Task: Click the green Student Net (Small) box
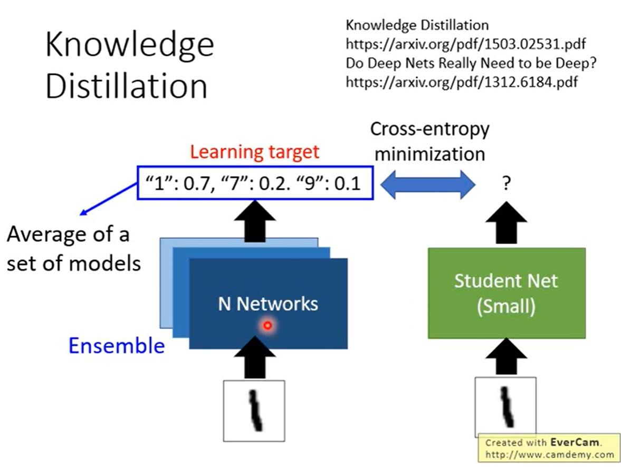pyautogui.click(x=506, y=293)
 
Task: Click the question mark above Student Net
pyautogui.click(x=505, y=186)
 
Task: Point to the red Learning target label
pyautogui.click(x=255, y=152)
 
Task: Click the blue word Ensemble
pyautogui.click(x=117, y=346)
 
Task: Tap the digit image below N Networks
pyautogui.click(x=255, y=411)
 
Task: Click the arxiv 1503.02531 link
pyautogui.click(x=466, y=44)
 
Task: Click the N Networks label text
pyautogui.click(x=269, y=304)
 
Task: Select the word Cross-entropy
pyautogui.click(x=429, y=129)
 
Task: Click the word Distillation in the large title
pyautogui.click(x=126, y=86)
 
